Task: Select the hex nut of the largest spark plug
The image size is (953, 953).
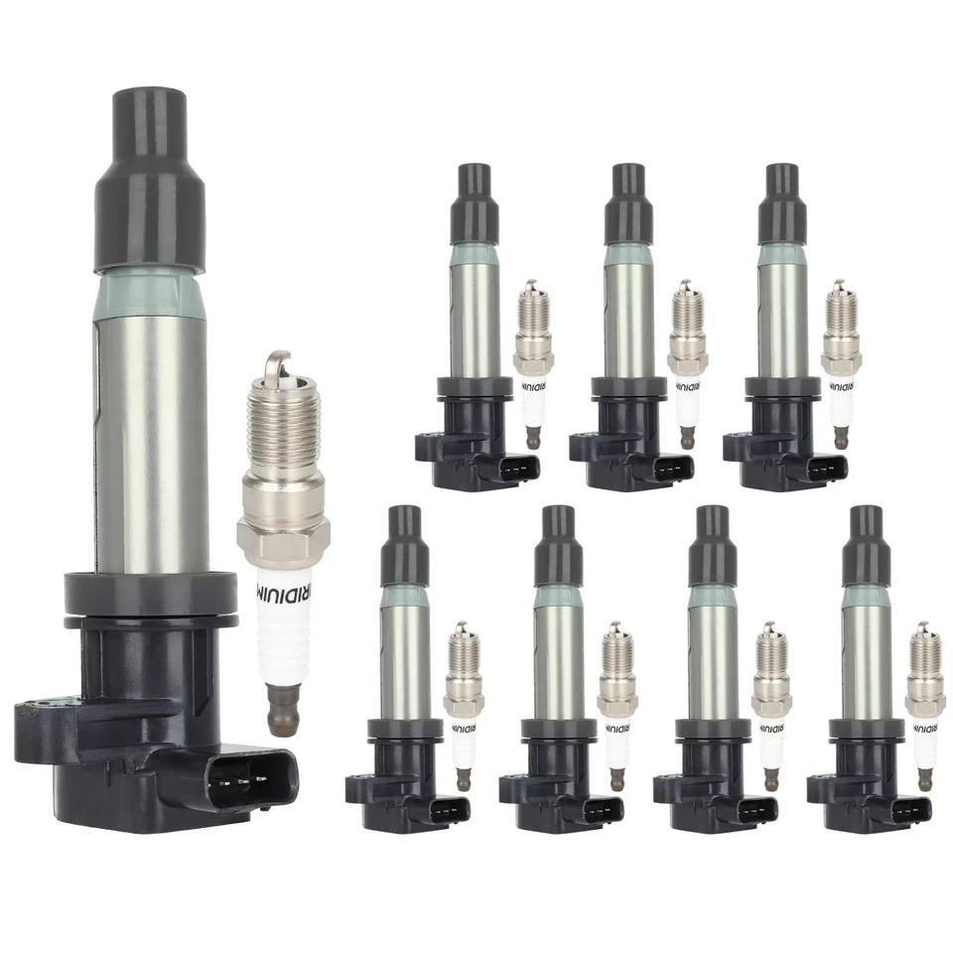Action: coord(281,520)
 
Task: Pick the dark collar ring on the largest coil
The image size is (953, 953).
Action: coord(149,594)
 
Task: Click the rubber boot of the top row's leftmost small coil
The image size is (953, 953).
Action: coord(475,204)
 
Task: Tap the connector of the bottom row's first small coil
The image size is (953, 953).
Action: coord(446,809)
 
